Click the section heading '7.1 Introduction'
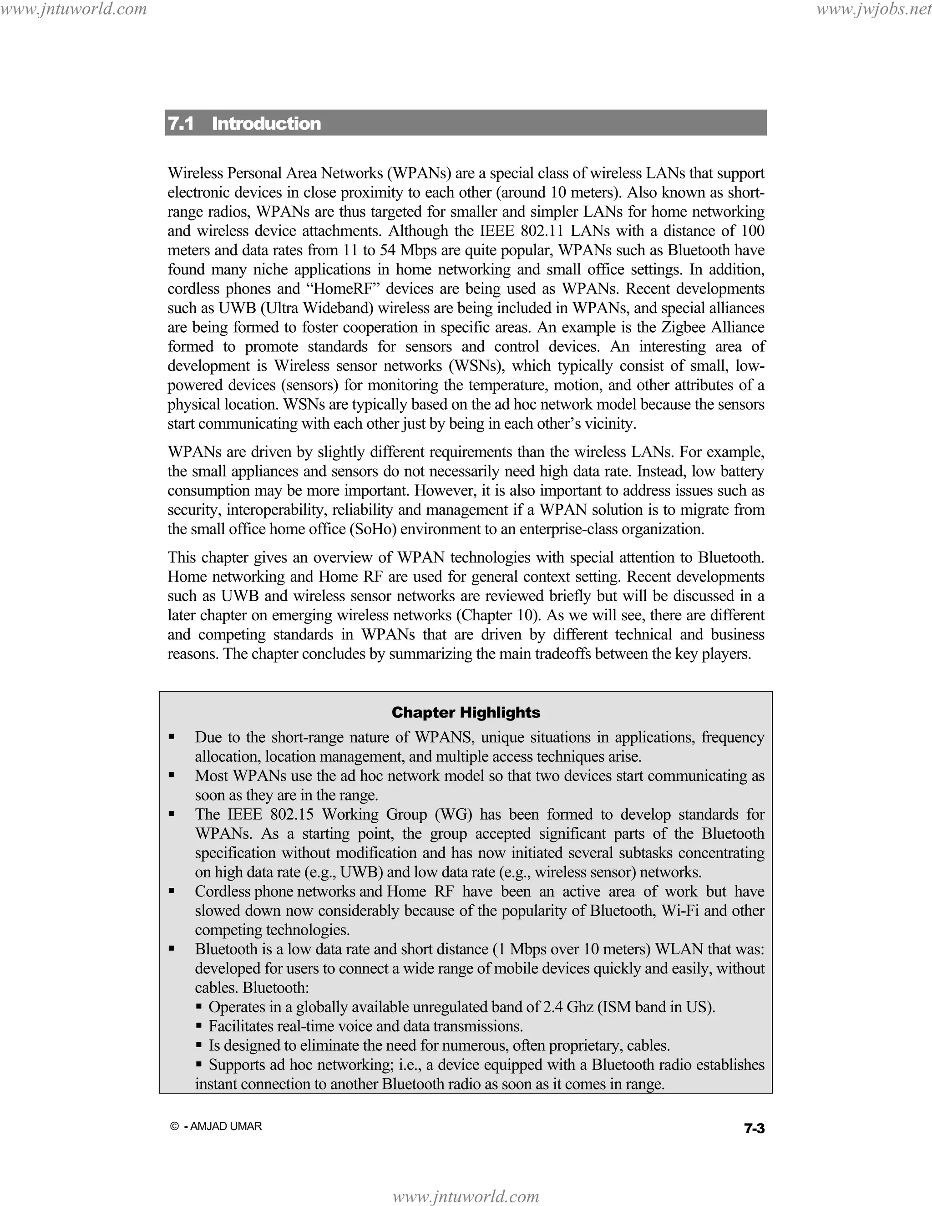[x=244, y=123]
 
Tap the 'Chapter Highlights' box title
[x=466, y=712]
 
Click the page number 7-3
[x=754, y=1129]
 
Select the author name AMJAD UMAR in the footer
[x=226, y=1126]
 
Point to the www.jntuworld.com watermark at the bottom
[x=466, y=1196]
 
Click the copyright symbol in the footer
[x=174, y=1126]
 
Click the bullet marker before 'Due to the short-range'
[x=172, y=737]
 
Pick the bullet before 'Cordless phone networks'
[x=172, y=891]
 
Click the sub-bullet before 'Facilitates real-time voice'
[x=199, y=1025]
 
